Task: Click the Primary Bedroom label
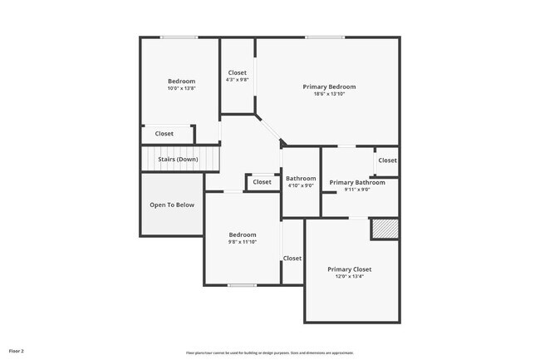point(329,86)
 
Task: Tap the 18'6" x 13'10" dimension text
point(329,94)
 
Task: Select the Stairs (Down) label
point(178,159)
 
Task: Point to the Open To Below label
point(172,205)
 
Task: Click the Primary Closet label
point(349,269)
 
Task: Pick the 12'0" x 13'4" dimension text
point(349,277)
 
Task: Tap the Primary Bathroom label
point(357,183)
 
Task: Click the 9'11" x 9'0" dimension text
point(357,190)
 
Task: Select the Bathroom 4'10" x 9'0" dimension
point(301,185)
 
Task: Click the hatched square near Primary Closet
point(384,229)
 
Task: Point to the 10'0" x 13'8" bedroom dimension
point(181,89)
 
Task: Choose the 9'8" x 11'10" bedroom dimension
point(243,242)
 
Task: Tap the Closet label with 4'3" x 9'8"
point(238,73)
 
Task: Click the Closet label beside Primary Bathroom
point(387,160)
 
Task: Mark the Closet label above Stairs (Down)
point(164,134)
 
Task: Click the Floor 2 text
point(17,352)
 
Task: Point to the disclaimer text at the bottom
point(269,353)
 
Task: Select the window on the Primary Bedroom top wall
point(324,37)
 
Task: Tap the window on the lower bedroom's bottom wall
point(242,285)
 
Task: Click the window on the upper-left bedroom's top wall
point(179,37)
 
